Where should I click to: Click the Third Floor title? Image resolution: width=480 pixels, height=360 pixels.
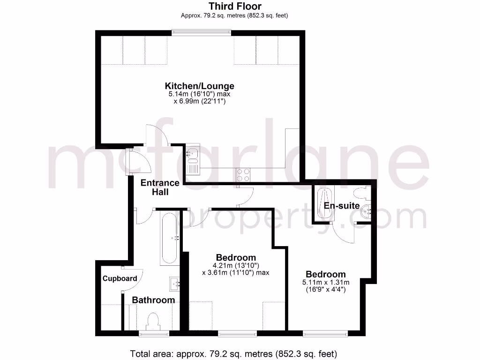[x=235, y=7]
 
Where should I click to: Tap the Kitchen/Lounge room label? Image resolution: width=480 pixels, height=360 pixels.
[x=199, y=86]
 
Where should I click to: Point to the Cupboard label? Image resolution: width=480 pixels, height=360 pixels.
[x=120, y=278]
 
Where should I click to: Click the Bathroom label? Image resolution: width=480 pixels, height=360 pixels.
[x=153, y=300]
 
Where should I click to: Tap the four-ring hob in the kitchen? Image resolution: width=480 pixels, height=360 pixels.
[x=242, y=174]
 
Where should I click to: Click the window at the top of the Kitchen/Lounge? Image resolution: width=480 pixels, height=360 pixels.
[x=201, y=32]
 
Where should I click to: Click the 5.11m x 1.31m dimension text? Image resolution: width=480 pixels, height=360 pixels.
[x=326, y=283]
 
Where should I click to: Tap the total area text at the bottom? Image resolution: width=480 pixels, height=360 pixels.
[x=233, y=353]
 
